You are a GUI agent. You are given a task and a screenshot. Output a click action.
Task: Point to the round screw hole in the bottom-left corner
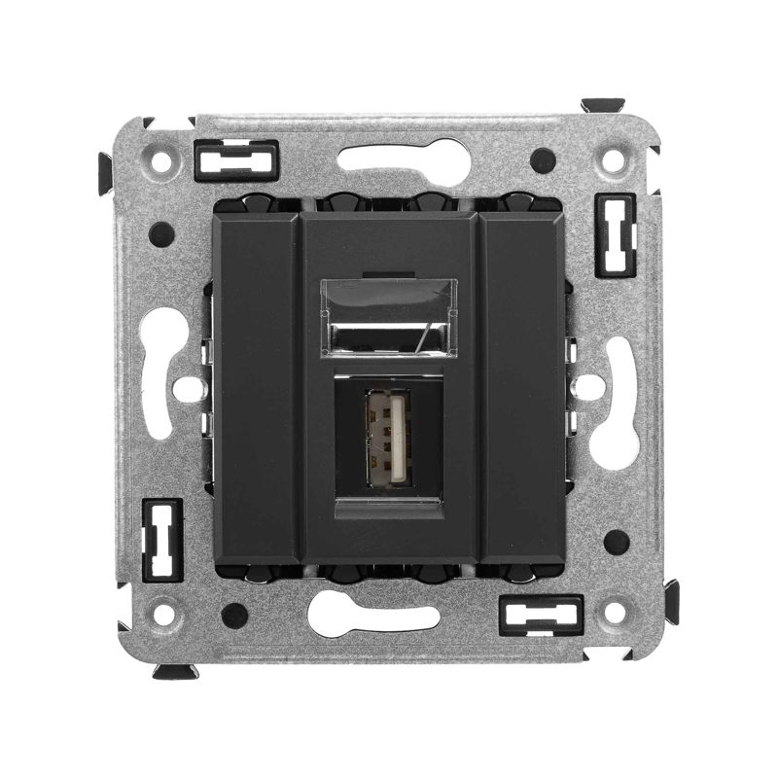(x=163, y=614)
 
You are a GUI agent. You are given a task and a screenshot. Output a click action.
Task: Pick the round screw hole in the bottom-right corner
(x=614, y=613)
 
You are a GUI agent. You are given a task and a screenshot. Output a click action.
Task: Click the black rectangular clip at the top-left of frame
(x=236, y=160)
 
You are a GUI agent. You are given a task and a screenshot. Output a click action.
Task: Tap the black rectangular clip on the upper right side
(x=615, y=234)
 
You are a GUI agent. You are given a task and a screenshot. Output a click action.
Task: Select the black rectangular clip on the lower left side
(x=161, y=540)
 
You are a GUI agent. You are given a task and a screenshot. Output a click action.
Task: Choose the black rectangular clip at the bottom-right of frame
(x=540, y=615)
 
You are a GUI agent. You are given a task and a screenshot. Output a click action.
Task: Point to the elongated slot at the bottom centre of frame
(x=374, y=616)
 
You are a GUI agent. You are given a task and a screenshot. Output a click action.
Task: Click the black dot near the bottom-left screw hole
(x=233, y=615)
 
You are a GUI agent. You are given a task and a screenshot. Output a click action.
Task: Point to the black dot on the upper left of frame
(x=161, y=234)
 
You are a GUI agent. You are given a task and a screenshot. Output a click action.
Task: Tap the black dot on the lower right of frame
(x=615, y=542)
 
